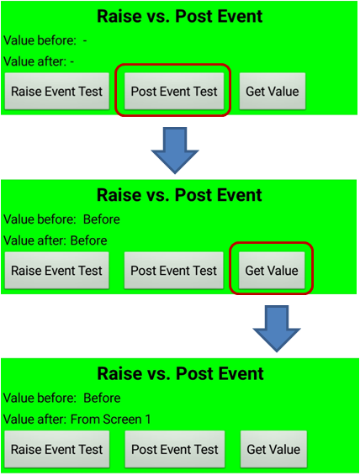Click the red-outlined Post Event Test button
(174, 91)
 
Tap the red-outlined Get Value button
(272, 270)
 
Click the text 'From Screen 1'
(110, 420)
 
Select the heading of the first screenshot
(180, 16)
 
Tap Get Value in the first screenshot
(273, 91)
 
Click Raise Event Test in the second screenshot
(56, 270)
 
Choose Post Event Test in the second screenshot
(173, 270)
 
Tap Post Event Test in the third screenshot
(175, 449)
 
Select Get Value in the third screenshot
(273, 449)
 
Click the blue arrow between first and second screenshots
(175, 150)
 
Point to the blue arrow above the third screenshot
(277, 329)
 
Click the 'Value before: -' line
(45, 40)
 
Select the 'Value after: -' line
(39, 61)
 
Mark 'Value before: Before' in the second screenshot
(61, 219)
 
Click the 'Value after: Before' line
(56, 240)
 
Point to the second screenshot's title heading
(179, 195)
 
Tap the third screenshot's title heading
(180, 373)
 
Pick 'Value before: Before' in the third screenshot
(61, 398)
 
